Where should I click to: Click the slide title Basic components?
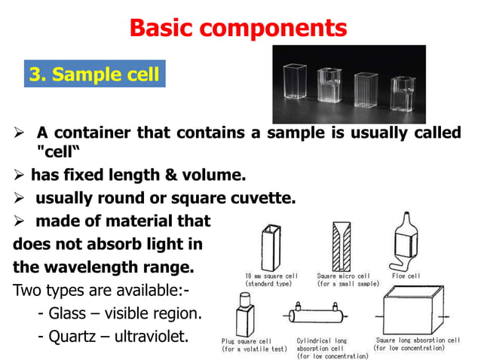tap(238, 28)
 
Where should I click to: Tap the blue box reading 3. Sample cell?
tap(94, 75)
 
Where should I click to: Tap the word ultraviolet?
tap(151, 336)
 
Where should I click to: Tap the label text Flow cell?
tap(407, 276)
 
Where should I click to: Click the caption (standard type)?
tap(271, 285)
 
